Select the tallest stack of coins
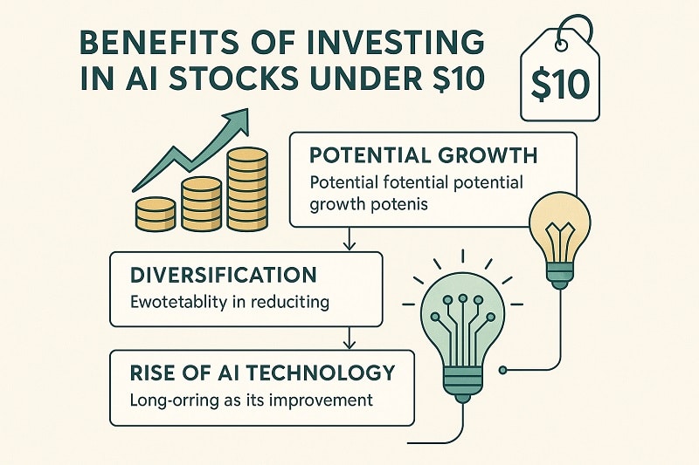[x=246, y=189]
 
